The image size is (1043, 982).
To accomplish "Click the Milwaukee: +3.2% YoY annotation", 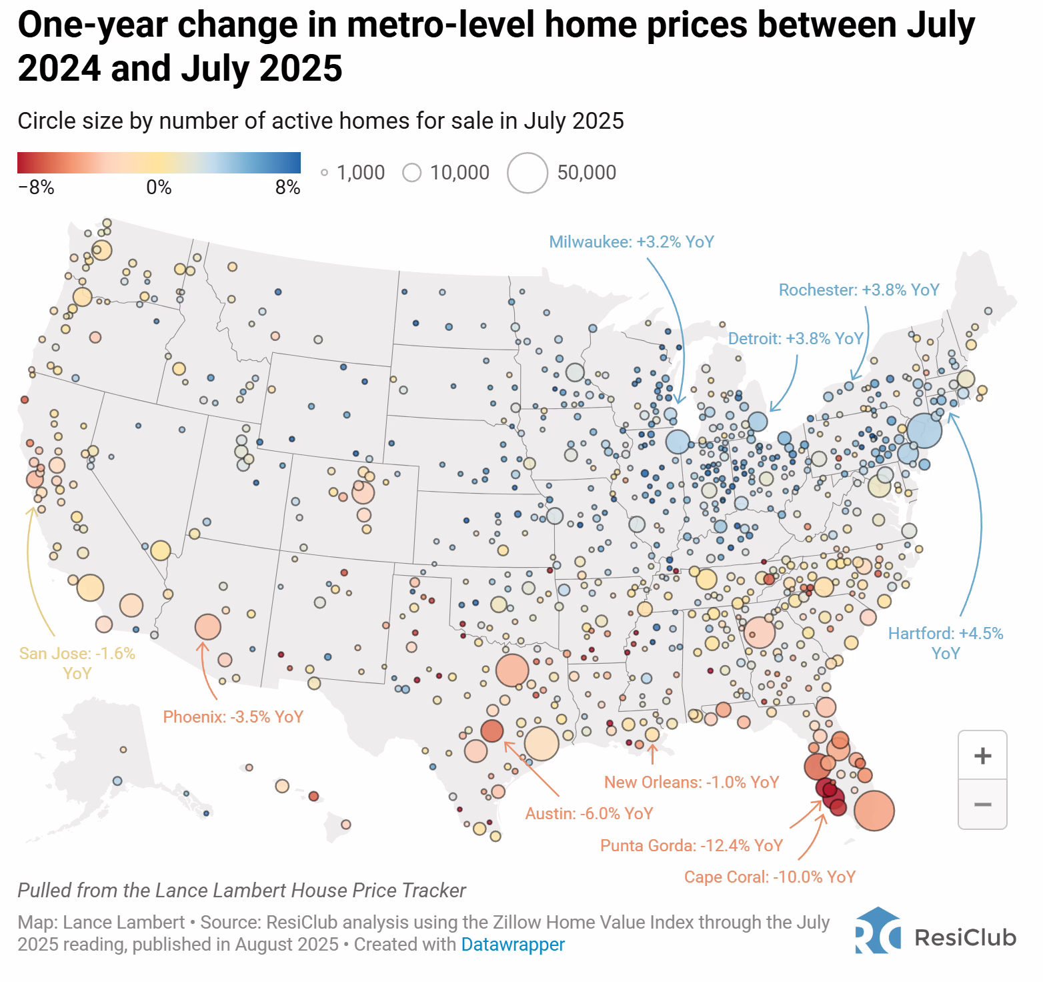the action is click(632, 241).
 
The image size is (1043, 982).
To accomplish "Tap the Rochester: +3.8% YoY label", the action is click(859, 290).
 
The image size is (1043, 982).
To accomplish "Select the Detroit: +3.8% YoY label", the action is click(796, 339).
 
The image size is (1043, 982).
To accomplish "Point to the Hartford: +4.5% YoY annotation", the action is click(946, 643).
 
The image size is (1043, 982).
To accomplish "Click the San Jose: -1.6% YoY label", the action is click(77, 663).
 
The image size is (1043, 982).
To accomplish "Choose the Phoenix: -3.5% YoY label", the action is click(233, 717).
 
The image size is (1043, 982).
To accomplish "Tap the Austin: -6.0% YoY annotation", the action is click(590, 814).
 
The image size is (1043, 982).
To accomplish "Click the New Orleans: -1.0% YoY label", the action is click(692, 783).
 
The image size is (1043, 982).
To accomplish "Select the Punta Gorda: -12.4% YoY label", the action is click(692, 846).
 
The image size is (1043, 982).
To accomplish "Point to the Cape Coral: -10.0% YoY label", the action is click(770, 877).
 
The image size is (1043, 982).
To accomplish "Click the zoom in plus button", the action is click(982, 756).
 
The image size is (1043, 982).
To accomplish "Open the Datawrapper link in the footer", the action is click(513, 945).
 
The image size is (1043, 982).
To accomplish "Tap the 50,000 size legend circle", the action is click(528, 173).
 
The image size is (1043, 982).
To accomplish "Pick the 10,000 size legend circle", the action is click(412, 173).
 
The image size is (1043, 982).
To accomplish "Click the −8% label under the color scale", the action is click(36, 187).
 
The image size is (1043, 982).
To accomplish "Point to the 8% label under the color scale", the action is click(288, 187).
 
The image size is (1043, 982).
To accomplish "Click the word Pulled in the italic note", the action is click(44, 891).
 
